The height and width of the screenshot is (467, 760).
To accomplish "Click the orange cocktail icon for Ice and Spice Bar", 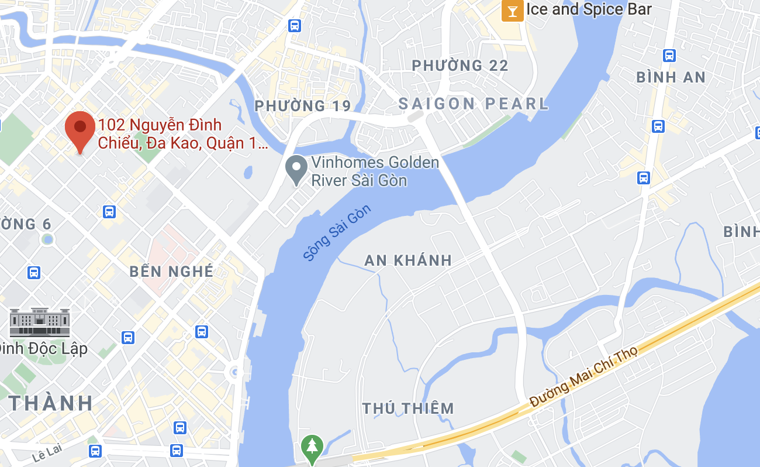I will click(x=513, y=11).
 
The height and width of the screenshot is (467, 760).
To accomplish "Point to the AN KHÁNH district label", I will click(x=408, y=260).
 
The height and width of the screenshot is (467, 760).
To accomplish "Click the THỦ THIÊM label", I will click(x=408, y=408).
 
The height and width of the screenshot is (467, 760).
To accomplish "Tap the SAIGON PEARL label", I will click(x=474, y=104).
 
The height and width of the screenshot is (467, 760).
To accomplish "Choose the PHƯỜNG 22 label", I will click(x=460, y=66).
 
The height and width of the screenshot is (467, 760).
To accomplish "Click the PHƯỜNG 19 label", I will click(x=303, y=106).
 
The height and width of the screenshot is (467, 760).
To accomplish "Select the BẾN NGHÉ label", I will click(x=171, y=272).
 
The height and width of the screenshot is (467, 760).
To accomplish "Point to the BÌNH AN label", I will click(x=671, y=77).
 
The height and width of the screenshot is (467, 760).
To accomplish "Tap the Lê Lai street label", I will click(x=48, y=452).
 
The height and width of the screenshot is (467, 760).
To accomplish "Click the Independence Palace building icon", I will click(x=40, y=322).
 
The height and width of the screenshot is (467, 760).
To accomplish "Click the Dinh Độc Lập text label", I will click(x=43, y=349).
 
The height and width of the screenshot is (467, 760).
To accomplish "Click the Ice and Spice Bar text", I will click(x=589, y=9).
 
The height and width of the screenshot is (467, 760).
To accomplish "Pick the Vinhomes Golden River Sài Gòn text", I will click(x=375, y=171).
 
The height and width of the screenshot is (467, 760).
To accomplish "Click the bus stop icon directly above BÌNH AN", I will click(x=669, y=56).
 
